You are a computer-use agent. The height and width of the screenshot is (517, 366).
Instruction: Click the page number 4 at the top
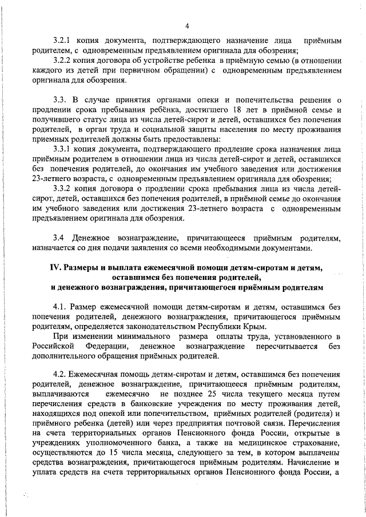(x=187, y=26)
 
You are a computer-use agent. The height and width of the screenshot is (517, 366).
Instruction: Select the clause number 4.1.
(x=58, y=307)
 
